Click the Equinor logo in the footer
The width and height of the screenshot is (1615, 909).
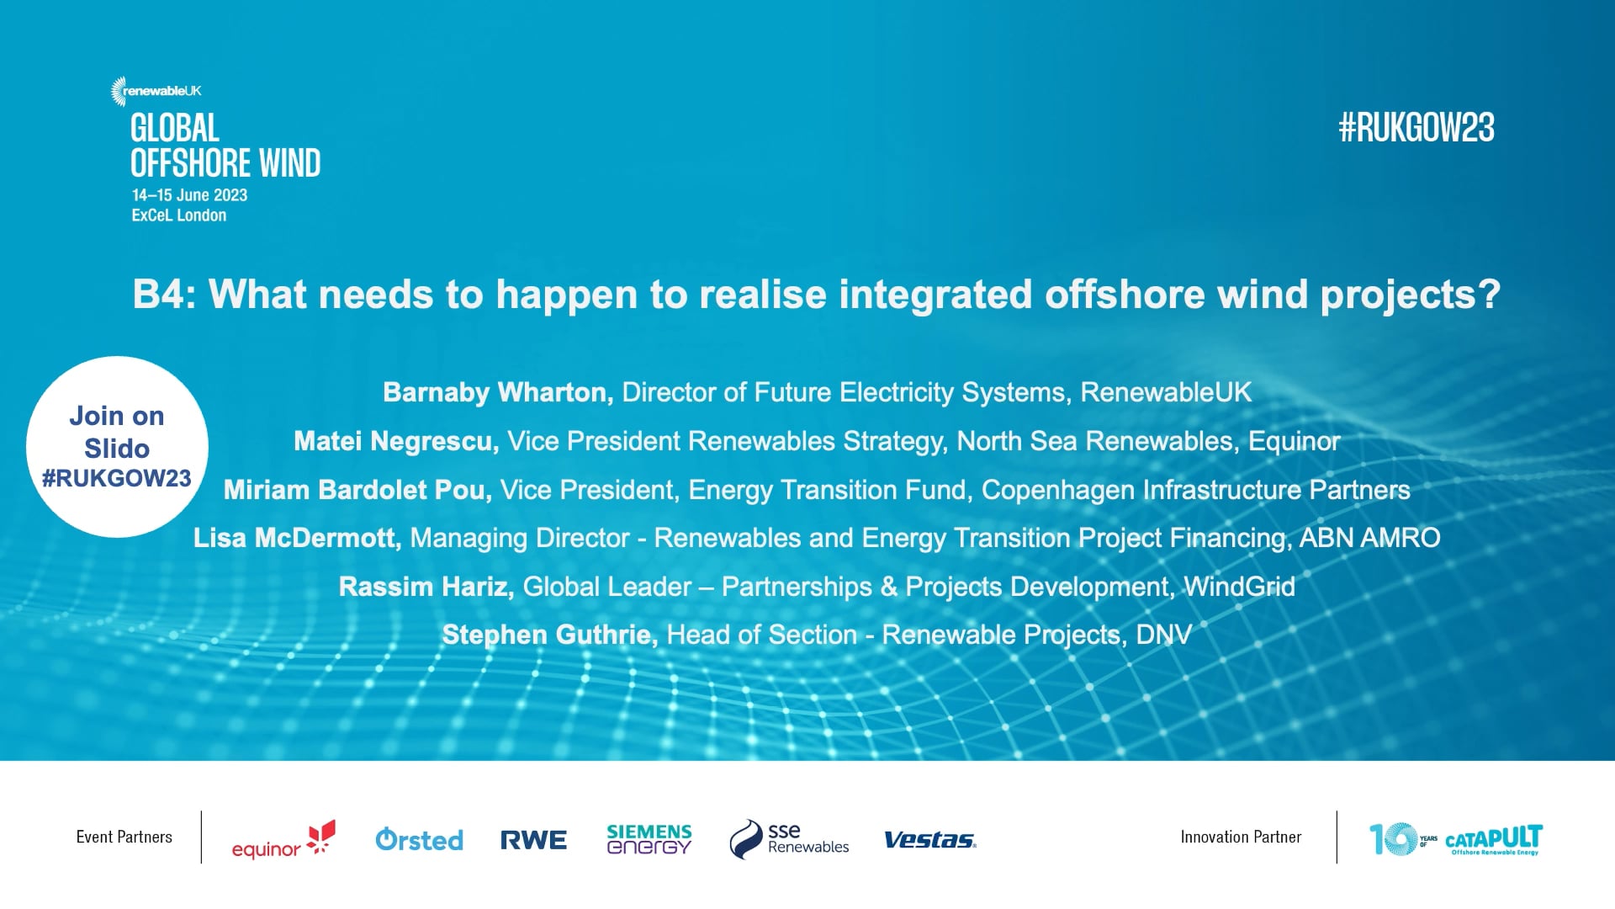283,839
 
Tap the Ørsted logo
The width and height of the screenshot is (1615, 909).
419,839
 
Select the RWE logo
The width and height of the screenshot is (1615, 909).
533,840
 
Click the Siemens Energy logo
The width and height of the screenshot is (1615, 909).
649,839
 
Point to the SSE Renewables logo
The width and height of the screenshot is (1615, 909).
789,839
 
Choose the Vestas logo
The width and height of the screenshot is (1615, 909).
929,840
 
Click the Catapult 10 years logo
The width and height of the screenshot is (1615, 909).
1455,839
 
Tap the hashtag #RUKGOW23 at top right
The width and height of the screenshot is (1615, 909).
1416,128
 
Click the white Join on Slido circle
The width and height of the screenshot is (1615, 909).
117,447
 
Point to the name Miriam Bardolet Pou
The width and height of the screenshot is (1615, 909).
357,490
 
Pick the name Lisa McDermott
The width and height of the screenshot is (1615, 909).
297,538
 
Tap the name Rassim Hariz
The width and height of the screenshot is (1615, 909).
426,587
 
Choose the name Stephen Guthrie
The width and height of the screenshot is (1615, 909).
549,635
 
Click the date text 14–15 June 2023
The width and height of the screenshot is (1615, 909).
189,195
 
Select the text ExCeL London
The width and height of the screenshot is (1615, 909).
179,215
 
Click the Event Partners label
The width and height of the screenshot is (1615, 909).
124,837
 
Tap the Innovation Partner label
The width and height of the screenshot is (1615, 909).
1241,837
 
